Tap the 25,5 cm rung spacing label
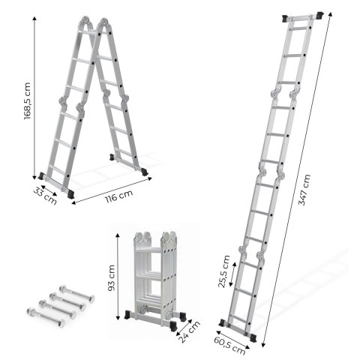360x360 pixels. click(x=223, y=271)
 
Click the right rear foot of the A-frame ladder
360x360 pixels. click(x=143, y=170)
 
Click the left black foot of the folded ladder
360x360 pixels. click(x=135, y=316)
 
